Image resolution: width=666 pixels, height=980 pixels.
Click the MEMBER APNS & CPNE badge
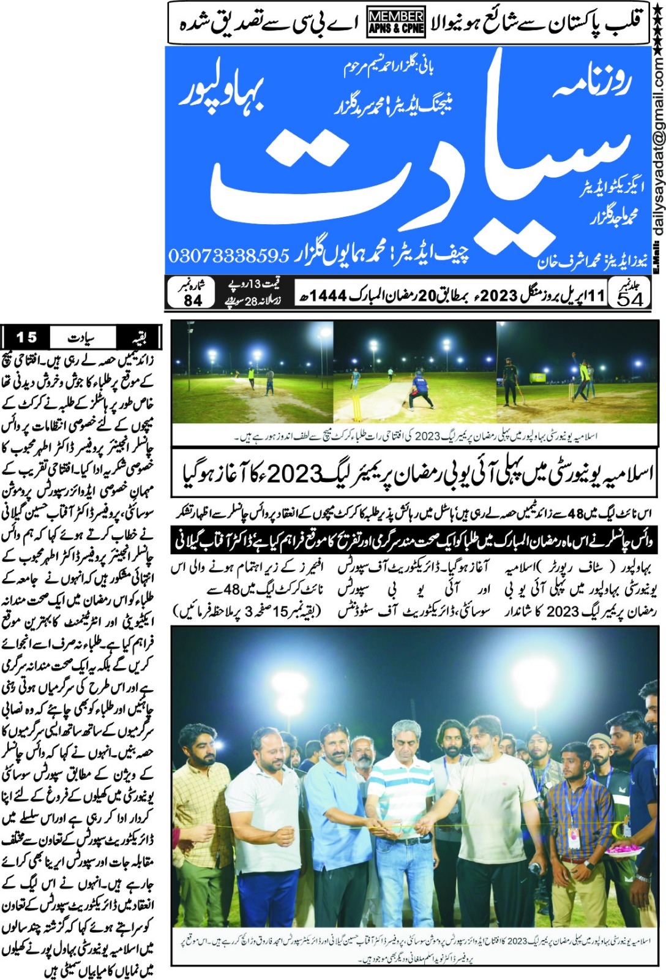396,23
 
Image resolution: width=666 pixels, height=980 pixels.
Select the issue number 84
192,300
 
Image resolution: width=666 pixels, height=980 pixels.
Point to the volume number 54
630,298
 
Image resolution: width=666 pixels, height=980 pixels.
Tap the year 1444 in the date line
328,296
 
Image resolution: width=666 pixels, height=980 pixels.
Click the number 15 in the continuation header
26,337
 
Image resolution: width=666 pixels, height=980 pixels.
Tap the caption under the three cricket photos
416,436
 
